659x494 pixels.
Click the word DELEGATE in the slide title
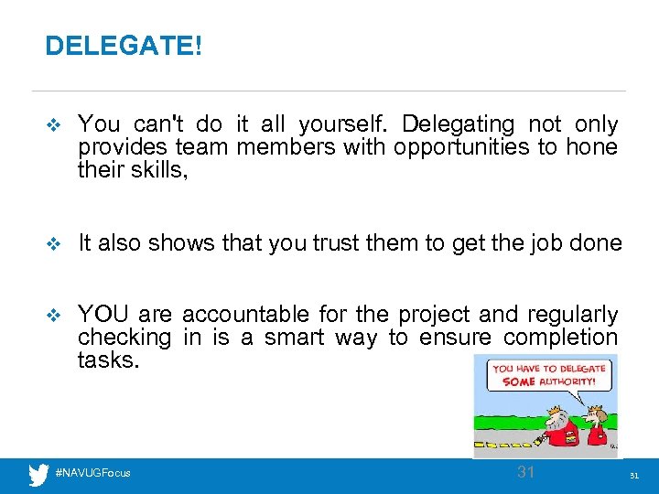(119, 46)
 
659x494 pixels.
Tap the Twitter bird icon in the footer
(38, 474)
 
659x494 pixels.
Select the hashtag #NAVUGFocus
(93, 473)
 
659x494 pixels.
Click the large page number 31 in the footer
(525, 472)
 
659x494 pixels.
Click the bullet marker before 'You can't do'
(51, 125)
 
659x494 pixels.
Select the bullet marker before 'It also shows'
(51, 244)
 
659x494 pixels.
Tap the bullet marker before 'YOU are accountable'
(51, 316)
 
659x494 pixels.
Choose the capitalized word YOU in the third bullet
(103, 315)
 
